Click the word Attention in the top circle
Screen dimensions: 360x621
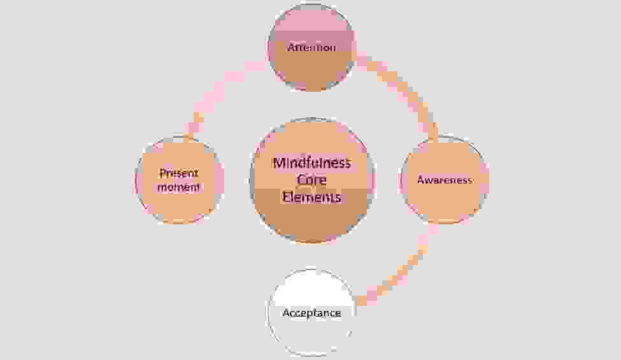pos(311,48)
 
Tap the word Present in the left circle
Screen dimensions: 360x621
pos(180,173)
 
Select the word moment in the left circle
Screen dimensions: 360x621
pos(180,187)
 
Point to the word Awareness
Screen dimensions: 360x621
pos(445,180)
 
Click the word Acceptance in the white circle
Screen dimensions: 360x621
pos(311,313)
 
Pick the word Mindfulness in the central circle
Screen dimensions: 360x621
pos(311,162)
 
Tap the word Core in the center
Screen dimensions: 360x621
pos(311,180)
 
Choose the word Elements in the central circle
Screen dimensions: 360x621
pos(311,198)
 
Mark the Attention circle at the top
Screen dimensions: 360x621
pos(311,70)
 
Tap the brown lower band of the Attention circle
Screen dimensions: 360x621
pos(311,73)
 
